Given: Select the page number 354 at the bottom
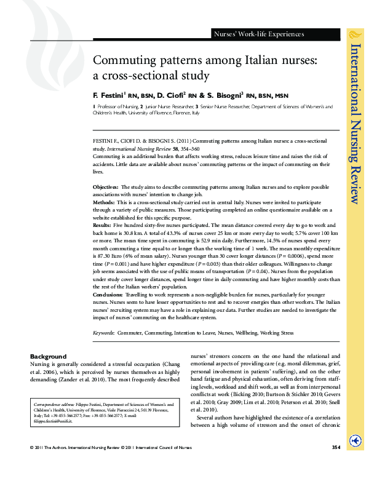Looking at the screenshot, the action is (x=336, y=463).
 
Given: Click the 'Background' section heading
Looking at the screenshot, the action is (x=48, y=357).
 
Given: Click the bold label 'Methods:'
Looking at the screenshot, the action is (x=103, y=202).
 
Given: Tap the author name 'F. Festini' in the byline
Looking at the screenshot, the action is (x=108, y=96).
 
